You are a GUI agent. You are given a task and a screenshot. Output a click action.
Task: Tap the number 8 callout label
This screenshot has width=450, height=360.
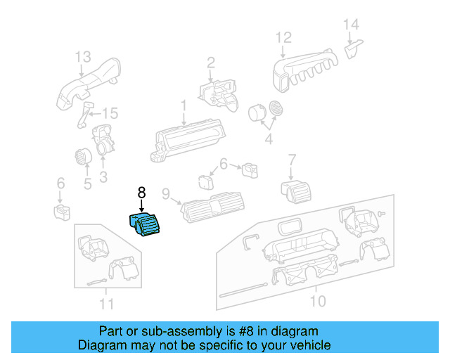pos(141,192)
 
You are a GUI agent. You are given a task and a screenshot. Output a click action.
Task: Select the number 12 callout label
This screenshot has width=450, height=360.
pos(283,37)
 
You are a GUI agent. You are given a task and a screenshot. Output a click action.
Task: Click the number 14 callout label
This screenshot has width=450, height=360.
pos(351,25)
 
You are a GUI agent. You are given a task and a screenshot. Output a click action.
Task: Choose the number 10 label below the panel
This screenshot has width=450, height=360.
pos(318,302)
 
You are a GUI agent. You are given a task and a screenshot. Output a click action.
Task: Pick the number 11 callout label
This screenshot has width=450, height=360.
pos(105,304)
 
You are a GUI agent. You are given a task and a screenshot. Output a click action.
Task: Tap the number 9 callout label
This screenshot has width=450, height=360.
pos(166,193)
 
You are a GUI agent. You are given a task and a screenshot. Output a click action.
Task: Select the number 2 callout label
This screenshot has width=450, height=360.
pos(210,65)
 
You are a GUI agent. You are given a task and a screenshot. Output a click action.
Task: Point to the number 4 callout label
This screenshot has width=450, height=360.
pos(268,139)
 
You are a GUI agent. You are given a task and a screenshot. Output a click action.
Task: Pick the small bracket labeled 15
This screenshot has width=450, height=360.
pos(86,115)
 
